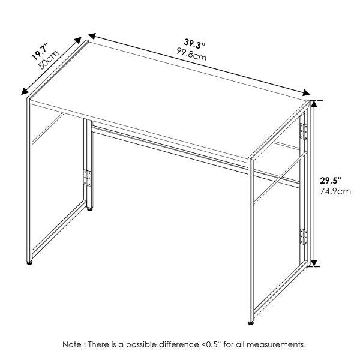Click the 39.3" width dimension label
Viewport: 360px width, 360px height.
pyautogui.click(x=196, y=44)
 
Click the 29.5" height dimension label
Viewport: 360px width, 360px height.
pyautogui.click(x=330, y=180)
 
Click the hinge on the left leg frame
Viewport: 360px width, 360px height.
pyautogui.click(x=88, y=178)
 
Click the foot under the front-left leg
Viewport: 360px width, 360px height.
pyautogui.click(x=29, y=263)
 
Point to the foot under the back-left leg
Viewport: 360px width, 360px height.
pyautogui.click(x=90, y=209)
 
